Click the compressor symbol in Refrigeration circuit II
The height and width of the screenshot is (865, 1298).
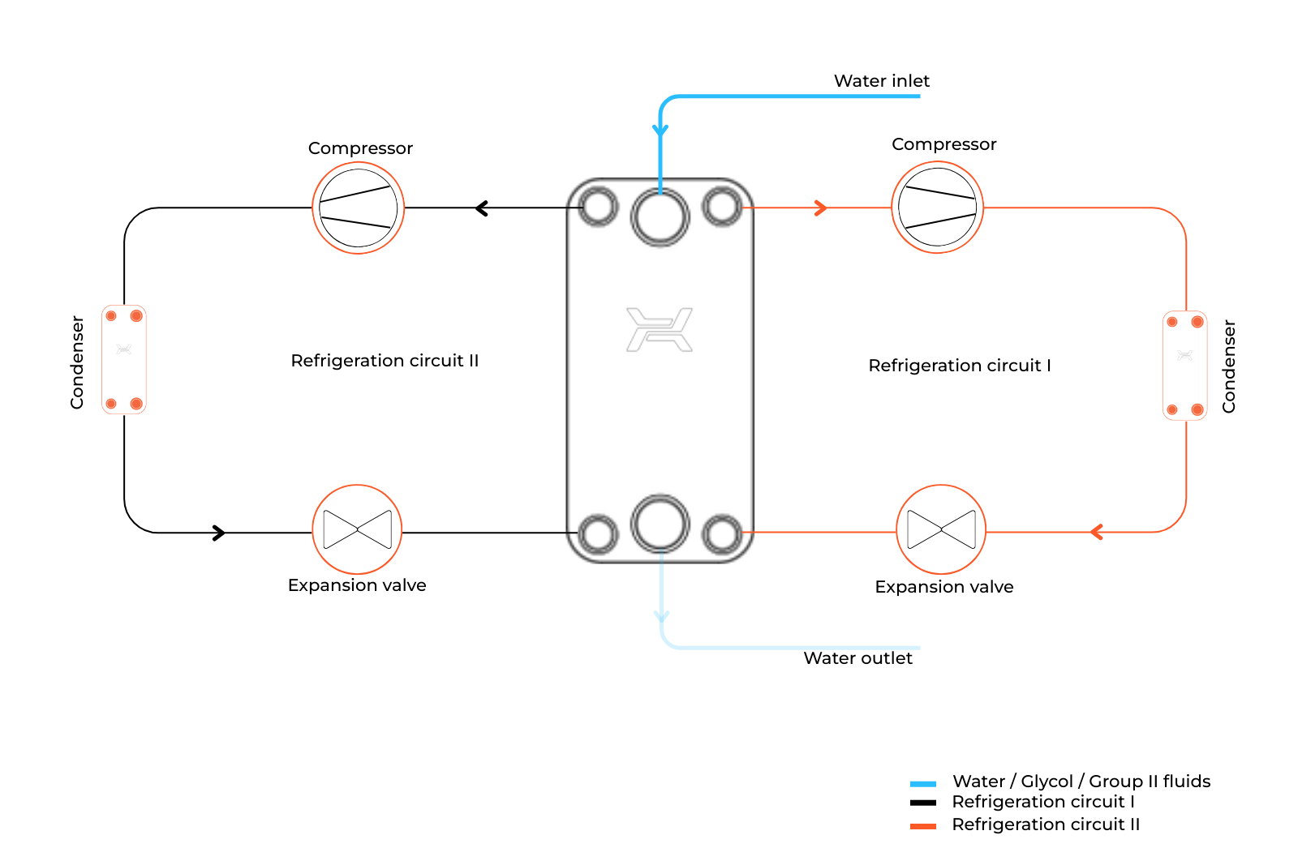[358, 208]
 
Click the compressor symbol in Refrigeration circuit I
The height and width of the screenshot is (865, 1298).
[937, 208]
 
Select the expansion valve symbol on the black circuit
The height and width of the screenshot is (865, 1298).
[357, 529]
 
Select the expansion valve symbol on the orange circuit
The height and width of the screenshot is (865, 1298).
[941, 529]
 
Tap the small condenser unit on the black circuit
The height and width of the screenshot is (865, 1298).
[124, 359]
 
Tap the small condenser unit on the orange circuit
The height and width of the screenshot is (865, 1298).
[1184, 366]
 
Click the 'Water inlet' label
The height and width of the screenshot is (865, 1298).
[881, 81]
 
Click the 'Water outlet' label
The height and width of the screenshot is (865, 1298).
[857, 658]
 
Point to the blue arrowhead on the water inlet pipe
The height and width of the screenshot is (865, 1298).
[660, 131]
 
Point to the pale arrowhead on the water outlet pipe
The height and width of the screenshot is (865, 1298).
[662, 617]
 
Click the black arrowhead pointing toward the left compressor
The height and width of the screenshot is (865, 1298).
[481, 208]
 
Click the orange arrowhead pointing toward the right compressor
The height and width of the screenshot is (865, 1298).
[821, 208]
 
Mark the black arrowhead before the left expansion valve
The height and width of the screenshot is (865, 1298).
[219, 533]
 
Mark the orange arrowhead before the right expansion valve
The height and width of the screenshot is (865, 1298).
[1096, 532]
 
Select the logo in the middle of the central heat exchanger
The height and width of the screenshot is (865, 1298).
[660, 330]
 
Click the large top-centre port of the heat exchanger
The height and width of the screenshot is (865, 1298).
[660, 217]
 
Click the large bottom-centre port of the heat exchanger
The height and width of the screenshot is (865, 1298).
[660, 524]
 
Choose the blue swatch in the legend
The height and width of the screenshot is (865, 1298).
[922, 784]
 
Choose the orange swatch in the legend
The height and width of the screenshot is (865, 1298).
[922, 826]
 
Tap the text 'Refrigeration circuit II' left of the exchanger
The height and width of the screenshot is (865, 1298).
[385, 361]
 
